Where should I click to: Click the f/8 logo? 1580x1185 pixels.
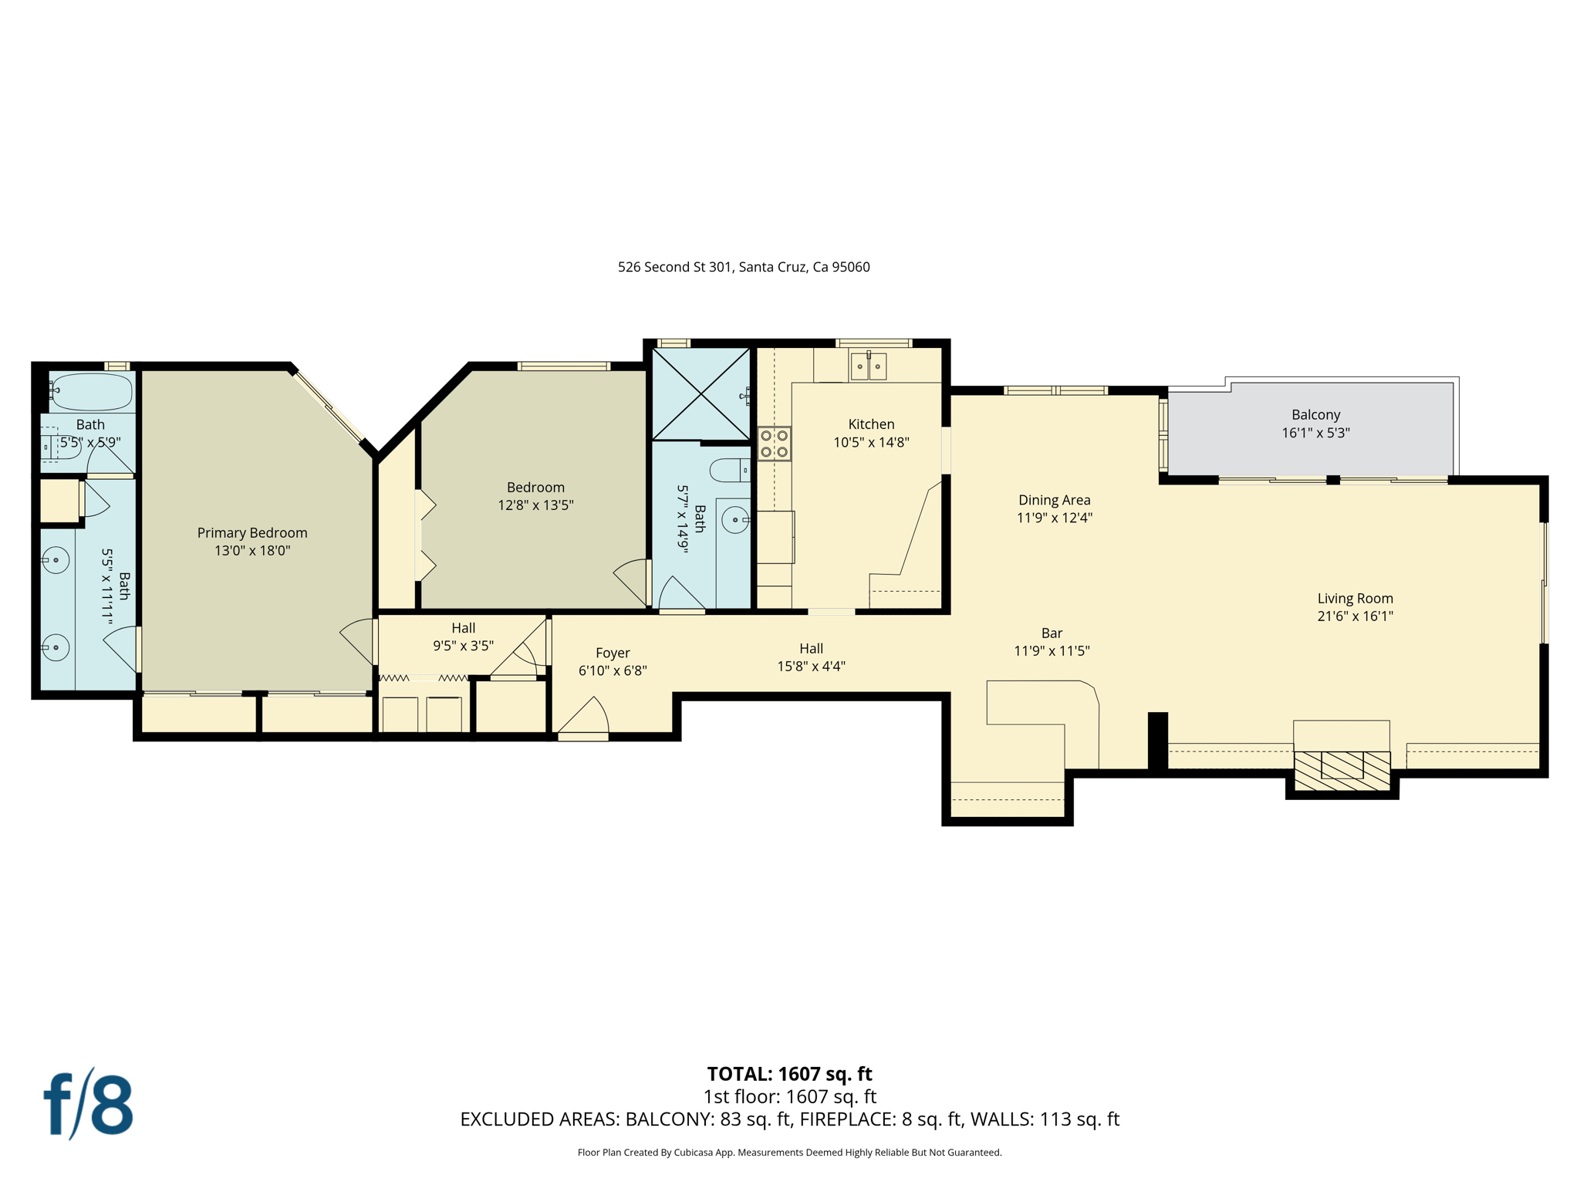[88, 1104]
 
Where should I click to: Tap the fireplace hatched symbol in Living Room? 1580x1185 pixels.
[1342, 770]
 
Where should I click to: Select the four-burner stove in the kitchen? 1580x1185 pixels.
[774, 444]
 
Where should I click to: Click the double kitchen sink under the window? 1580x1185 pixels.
[869, 366]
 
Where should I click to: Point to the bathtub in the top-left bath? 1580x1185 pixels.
[90, 392]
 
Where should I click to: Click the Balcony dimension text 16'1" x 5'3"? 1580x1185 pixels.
[1315, 433]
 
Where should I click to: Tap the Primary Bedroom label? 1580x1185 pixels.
[252, 532]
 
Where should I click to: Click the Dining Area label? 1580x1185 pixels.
[1054, 500]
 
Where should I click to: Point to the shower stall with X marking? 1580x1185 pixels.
[701, 394]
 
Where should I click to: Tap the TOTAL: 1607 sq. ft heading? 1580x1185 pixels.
[789, 1074]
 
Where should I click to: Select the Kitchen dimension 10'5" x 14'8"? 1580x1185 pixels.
[871, 442]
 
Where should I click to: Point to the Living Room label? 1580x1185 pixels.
[1355, 598]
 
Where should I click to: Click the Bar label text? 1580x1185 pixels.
[1052, 633]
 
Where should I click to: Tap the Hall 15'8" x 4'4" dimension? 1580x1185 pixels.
[811, 667]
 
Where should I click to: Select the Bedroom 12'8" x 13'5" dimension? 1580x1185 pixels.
[535, 505]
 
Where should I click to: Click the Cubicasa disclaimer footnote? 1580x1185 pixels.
[789, 1153]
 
